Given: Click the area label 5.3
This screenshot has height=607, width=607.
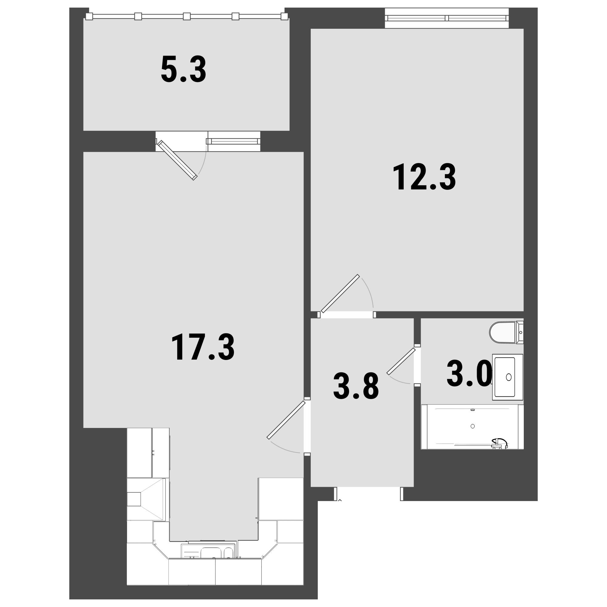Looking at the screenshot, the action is coord(184,70).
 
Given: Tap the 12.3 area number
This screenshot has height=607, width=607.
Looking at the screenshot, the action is coord(424,177).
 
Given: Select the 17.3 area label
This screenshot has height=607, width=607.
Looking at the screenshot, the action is coord(203,347).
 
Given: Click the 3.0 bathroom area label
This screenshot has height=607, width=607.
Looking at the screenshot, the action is coord(470,374).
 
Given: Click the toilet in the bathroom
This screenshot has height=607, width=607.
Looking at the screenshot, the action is coord(506,332).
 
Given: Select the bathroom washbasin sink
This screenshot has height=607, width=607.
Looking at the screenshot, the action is coord(507,377).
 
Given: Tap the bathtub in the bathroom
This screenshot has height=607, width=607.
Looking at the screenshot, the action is coord(472,427).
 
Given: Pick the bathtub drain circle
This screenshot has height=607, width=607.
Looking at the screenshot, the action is coord(473,426).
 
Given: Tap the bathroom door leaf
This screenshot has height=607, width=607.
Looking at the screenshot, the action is coord(401,361).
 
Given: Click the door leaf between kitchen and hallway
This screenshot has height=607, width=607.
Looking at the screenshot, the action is coord(286,420).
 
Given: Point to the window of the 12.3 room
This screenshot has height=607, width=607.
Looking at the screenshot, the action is coord(447,18).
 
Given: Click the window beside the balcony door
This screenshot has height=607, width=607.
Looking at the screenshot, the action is coord(233,141).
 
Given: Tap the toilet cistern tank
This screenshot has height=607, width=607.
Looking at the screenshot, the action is coord(520,332).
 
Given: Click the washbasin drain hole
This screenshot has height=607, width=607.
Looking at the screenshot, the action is coord(509,377).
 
